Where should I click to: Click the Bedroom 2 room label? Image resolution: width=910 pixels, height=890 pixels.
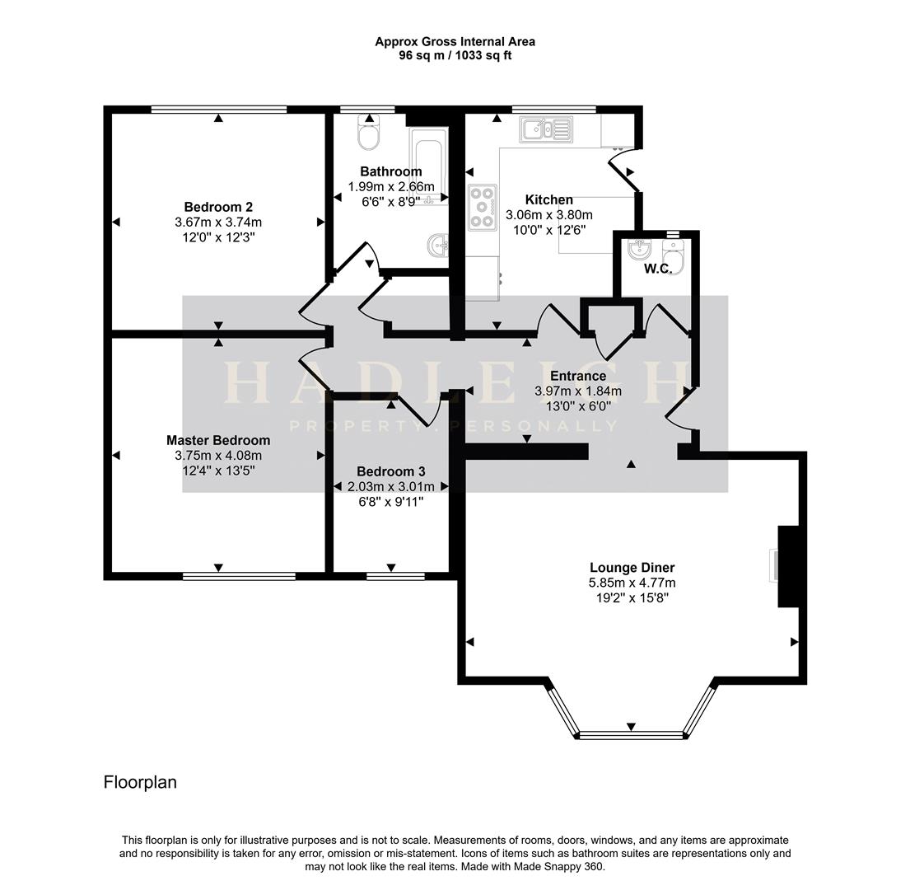click(x=218, y=207)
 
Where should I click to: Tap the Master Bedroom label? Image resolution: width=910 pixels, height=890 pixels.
click(x=218, y=440)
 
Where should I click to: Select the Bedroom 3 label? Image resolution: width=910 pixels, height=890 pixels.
click(x=391, y=471)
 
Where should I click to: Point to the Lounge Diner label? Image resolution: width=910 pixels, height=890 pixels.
click(x=632, y=567)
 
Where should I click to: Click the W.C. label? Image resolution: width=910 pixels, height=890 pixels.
click(x=658, y=269)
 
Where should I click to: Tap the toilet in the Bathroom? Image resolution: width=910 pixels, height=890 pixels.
click(x=368, y=132)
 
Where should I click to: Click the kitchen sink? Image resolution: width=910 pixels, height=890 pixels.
click(x=546, y=129)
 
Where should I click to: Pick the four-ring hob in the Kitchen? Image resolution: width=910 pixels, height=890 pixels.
click(x=483, y=207)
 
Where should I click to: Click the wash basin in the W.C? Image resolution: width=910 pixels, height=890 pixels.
click(x=640, y=249)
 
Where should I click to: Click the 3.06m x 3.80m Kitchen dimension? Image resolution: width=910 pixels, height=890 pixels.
click(x=549, y=215)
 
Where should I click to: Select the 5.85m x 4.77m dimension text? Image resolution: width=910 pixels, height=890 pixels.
click(x=632, y=583)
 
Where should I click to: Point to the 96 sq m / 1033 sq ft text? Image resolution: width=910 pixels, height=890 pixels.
click(x=455, y=56)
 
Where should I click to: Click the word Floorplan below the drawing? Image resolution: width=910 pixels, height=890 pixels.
click(x=140, y=782)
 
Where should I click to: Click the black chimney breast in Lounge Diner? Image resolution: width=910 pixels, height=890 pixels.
click(x=788, y=567)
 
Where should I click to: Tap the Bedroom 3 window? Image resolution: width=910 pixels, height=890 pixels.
click(x=396, y=577)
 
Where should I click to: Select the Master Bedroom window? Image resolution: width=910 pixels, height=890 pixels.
click(x=239, y=577)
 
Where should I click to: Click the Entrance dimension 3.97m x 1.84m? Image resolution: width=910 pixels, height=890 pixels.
click(x=578, y=391)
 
